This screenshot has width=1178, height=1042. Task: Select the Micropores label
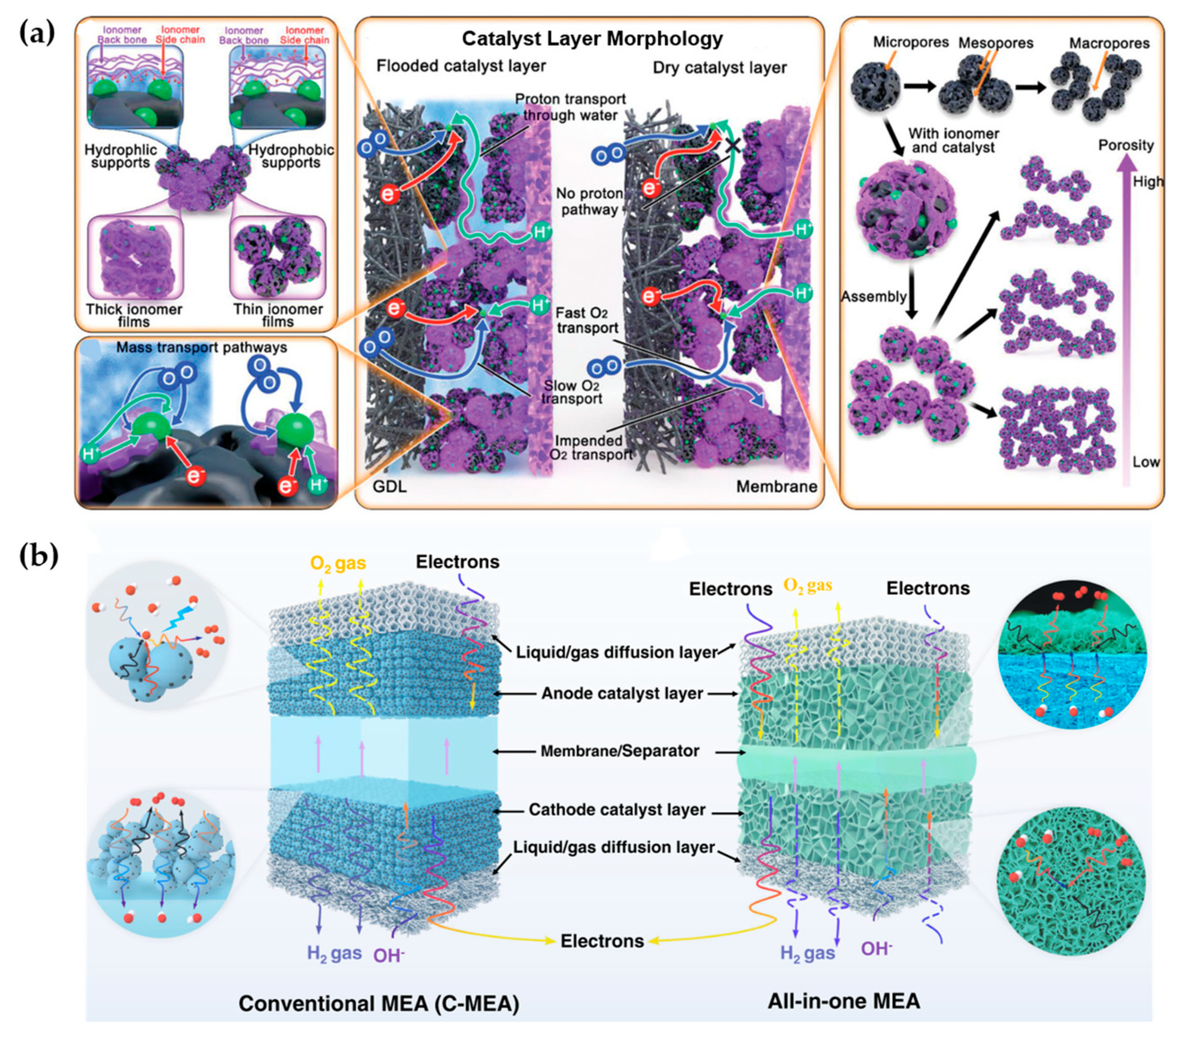[911, 42]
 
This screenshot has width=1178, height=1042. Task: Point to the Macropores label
[1109, 43]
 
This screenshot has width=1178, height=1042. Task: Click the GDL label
[390, 486]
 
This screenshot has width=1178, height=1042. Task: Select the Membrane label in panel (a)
[776, 486]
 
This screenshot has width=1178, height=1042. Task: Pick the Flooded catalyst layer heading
[461, 66]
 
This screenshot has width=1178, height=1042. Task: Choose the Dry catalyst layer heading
[719, 68]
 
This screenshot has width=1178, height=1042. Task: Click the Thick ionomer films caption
[134, 315]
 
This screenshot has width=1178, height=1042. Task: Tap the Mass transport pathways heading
[202, 348]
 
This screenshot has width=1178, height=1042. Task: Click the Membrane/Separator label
[620, 751]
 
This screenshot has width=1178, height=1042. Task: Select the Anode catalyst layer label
[622, 693]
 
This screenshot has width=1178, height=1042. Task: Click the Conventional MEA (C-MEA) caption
[379, 1003]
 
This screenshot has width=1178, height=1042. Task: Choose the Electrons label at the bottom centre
[602, 941]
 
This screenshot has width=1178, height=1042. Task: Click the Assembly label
[873, 297]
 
